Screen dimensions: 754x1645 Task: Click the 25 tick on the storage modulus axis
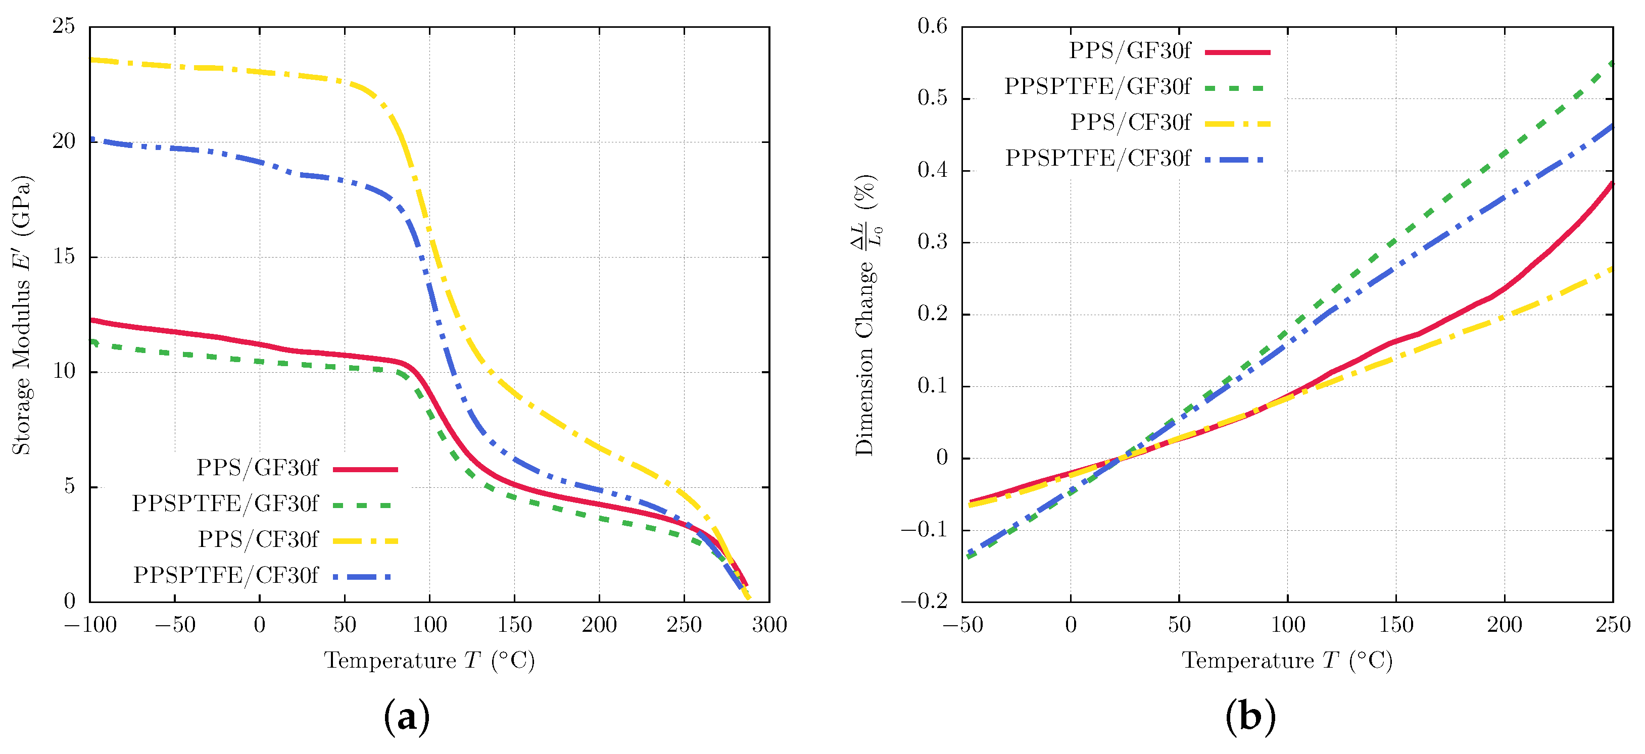pos(63,26)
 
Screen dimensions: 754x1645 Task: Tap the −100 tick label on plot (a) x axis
pos(90,624)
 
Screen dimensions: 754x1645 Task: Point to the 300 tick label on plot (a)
pos(769,624)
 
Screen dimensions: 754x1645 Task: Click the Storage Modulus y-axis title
pos(22,314)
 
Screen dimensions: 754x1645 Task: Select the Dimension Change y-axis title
pos(865,314)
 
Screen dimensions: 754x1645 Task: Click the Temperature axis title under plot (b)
pos(1287,660)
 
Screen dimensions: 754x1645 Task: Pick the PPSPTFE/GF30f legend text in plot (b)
pos(1097,86)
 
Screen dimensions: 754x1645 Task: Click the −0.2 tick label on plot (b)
pos(924,601)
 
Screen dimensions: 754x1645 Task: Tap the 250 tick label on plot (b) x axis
pos(1613,624)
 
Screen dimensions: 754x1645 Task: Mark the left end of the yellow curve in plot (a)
pos(92,60)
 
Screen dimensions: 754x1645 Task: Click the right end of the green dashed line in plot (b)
pos(1611,63)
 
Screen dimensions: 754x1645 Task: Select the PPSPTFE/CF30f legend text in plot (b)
pos(1097,158)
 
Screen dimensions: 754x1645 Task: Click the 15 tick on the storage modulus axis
pos(63,257)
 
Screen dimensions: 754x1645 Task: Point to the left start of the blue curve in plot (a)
pos(92,138)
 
